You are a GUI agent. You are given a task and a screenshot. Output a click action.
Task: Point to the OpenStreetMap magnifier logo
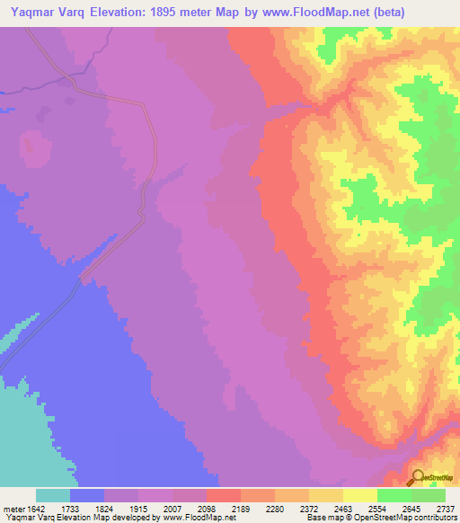click(418, 477)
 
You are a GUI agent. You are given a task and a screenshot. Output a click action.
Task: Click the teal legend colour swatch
click(53, 495)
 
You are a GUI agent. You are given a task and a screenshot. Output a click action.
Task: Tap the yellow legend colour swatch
click(360, 495)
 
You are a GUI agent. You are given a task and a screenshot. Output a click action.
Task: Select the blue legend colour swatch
click(87, 495)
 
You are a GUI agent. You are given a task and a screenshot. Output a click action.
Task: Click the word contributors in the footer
click(436, 519)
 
